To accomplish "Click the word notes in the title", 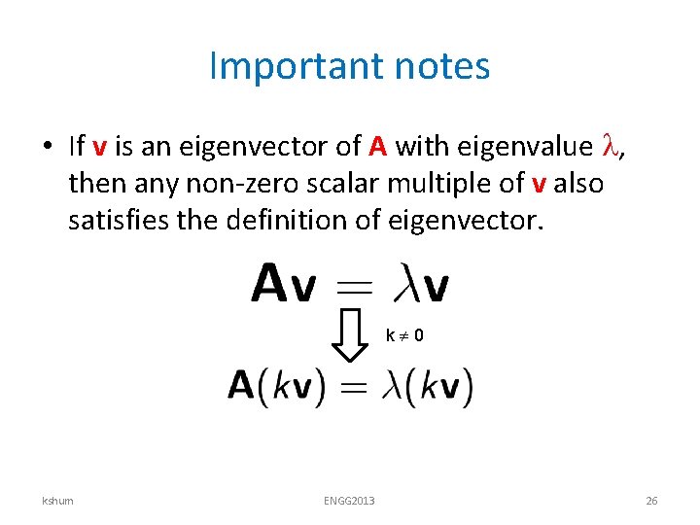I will tap(442, 67).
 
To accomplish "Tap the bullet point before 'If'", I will tap(47, 147).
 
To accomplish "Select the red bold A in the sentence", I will tap(379, 147).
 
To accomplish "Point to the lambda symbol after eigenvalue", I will tap(612, 146).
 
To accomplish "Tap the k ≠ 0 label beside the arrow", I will tap(404, 336).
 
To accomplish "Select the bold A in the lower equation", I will tap(241, 386).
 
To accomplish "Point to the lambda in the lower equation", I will tap(391, 386).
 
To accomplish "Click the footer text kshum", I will tap(57, 501).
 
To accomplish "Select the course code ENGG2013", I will tap(349, 501).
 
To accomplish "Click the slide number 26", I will tap(651, 501).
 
